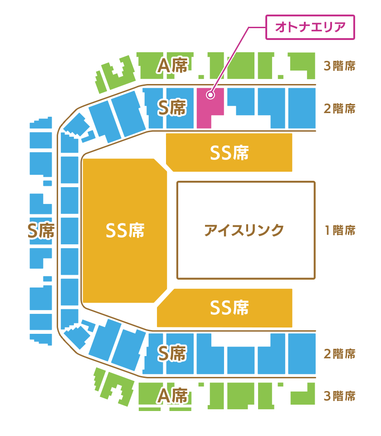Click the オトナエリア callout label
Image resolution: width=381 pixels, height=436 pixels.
(309, 28)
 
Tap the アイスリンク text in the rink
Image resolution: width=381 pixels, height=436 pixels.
(244, 230)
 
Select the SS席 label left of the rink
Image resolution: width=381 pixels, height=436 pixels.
(125, 230)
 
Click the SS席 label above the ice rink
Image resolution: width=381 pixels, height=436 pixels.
(230, 153)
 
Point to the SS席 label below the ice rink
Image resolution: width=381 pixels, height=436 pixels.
(230, 308)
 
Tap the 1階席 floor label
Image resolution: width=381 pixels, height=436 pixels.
(340, 230)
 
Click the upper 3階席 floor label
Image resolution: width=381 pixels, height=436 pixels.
(340, 66)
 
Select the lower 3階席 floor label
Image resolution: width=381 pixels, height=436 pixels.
(340, 396)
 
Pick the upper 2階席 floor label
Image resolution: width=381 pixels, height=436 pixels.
(340, 109)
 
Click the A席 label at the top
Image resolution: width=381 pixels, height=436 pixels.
(172, 66)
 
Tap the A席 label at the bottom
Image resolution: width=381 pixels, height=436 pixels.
(172, 396)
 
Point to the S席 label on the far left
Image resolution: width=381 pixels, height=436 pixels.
(41, 231)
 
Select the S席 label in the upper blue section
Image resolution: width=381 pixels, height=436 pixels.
(172, 108)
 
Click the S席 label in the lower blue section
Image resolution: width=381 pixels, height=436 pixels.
(172, 353)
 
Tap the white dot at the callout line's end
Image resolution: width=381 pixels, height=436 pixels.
(210, 95)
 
